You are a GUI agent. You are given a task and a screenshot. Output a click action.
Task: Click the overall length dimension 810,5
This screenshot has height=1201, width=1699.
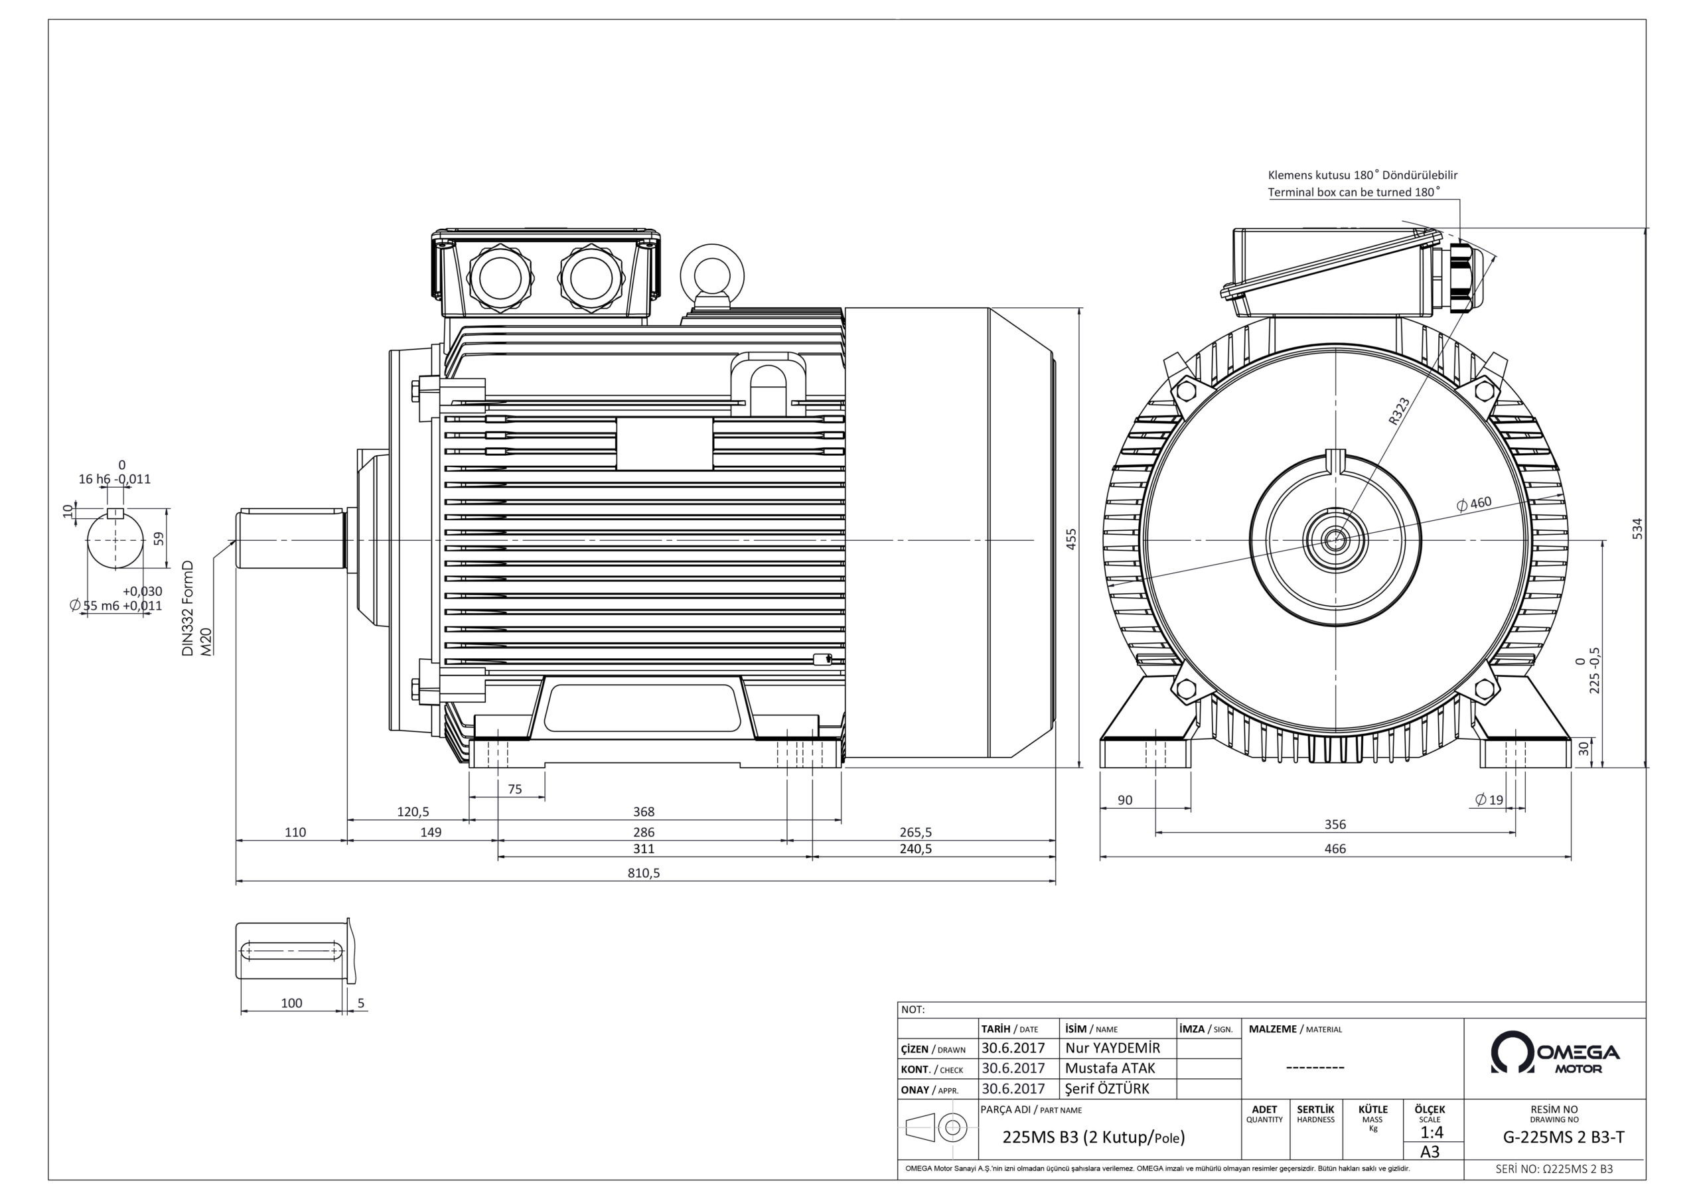[x=643, y=873]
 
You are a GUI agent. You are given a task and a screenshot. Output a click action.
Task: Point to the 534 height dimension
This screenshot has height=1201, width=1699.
[x=1637, y=528]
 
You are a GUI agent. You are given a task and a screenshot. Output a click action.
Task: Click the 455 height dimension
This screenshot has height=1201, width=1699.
[x=1071, y=538]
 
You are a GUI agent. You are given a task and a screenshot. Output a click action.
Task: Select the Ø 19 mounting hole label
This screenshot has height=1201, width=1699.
[x=1489, y=800]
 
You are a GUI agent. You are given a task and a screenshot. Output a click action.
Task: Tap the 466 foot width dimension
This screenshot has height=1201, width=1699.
[x=1334, y=849]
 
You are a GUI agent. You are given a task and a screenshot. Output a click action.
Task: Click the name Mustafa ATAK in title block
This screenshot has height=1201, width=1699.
[x=1109, y=1068]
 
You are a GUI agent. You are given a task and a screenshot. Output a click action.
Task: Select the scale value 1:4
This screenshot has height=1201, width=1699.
[x=1431, y=1132]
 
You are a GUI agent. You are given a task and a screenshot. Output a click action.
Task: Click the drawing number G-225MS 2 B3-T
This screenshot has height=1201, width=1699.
[x=1563, y=1137]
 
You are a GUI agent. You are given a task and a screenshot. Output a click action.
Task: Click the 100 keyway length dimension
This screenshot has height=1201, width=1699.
[x=291, y=1003]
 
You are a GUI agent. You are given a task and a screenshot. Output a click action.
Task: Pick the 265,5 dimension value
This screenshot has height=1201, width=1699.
[x=915, y=833]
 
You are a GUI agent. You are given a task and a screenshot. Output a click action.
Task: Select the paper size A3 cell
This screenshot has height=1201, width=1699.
[x=1430, y=1151]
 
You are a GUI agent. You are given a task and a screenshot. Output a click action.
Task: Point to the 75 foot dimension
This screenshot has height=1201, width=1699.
[x=515, y=789]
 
